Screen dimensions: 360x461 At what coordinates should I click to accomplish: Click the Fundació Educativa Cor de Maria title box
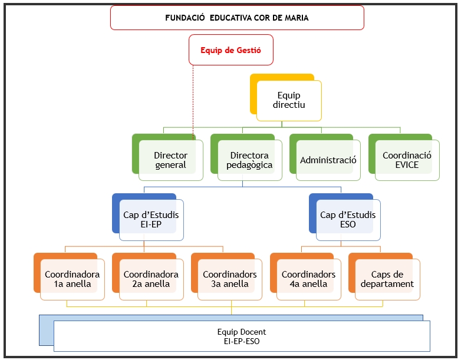coord(237,18)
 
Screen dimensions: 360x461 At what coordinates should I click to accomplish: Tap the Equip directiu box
coord(289,100)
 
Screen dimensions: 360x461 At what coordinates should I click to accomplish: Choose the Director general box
coord(171,160)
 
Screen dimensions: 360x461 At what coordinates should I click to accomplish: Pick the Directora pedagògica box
coord(249,160)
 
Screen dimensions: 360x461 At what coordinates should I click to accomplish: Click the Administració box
coord(328,160)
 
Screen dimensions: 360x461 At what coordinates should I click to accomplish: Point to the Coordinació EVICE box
coord(407,160)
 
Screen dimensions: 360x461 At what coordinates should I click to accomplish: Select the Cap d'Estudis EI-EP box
coord(151,220)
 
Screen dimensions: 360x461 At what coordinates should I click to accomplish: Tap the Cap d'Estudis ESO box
coord(348,220)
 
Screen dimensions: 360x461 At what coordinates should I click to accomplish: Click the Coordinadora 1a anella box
coord(72,279)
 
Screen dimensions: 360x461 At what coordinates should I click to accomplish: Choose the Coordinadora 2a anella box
coord(151,279)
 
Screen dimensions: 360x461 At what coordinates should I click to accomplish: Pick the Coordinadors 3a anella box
coord(230,279)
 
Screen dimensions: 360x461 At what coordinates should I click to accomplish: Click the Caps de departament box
coord(387,279)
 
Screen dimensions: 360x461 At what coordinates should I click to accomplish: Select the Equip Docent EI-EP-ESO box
coord(242,336)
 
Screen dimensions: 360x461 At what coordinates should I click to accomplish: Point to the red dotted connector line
coord(194,100)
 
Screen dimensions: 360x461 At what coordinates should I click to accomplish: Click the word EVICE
coord(407,165)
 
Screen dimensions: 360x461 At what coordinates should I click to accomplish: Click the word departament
coord(387,284)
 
